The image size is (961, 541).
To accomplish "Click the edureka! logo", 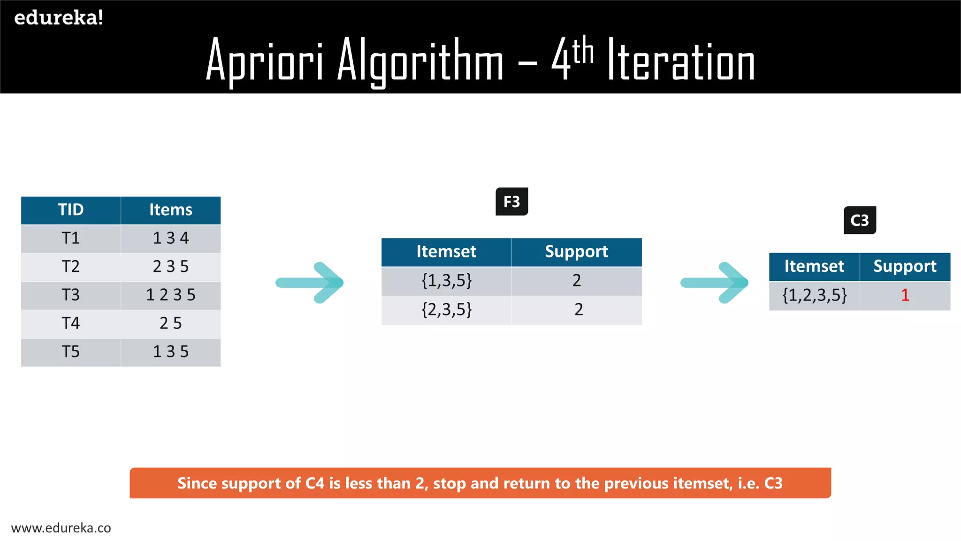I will [59, 18].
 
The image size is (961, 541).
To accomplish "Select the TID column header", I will [71, 210].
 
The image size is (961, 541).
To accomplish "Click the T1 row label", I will [71, 239].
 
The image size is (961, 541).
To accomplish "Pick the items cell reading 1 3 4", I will [171, 239].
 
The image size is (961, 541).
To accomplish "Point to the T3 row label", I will [71, 295].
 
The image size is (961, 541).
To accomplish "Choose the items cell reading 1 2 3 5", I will [171, 295].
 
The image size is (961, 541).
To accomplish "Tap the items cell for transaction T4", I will [171, 323].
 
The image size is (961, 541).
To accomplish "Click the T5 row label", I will [71, 352].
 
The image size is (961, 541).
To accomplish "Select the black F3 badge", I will [511, 201].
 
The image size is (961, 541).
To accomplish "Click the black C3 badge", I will [860, 220].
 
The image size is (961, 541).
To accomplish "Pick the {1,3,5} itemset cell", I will [446, 281].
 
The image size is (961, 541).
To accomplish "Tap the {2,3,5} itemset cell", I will [446, 309].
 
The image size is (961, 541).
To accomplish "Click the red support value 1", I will [905, 295].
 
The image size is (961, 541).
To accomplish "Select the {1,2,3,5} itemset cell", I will [815, 295].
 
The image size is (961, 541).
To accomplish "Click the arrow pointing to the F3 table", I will [310, 283].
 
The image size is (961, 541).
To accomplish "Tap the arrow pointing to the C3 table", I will [715, 283].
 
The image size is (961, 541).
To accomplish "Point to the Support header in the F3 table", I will [576, 252].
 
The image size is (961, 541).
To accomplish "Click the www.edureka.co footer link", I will [61, 528].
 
